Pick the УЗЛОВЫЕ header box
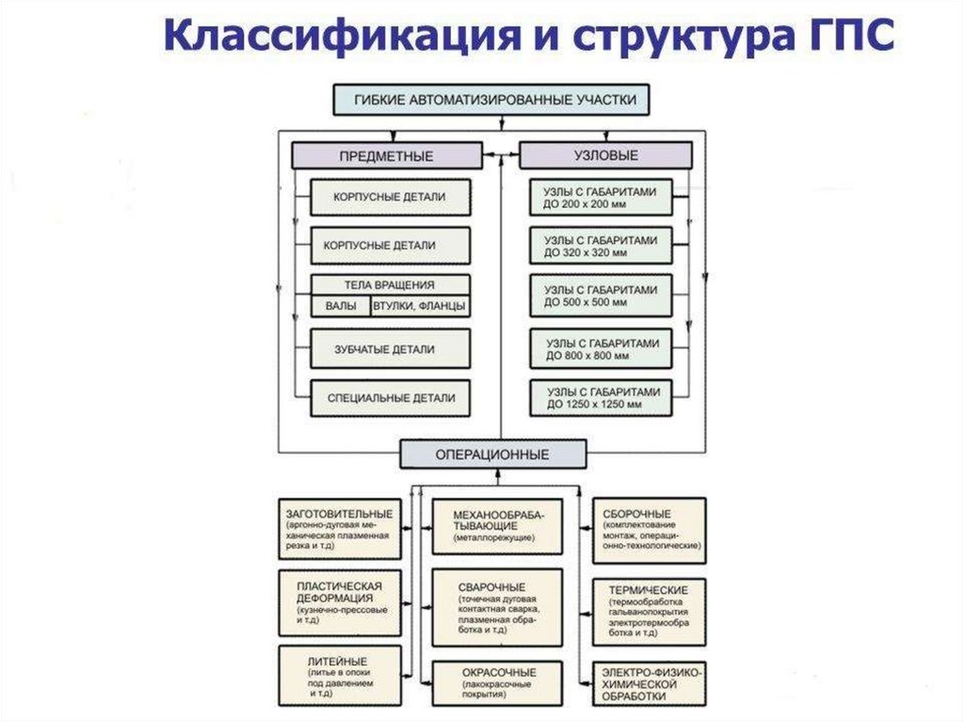pos(605,155)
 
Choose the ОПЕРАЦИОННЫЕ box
pos(492,454)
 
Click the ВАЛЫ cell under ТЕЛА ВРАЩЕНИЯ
pos(341,307)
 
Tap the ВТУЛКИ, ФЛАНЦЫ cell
pos(420,307)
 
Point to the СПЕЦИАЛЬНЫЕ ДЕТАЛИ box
pos(391,398)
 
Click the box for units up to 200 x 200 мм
pos(600,197)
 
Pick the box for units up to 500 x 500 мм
pos(600,297)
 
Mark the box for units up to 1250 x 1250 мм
pos(600,398)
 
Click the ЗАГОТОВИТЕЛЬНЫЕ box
pos(339,528)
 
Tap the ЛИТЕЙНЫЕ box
pos(339,676)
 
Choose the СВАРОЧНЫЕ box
pos(497,607)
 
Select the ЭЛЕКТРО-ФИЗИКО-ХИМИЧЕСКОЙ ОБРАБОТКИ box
pos(649,685)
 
